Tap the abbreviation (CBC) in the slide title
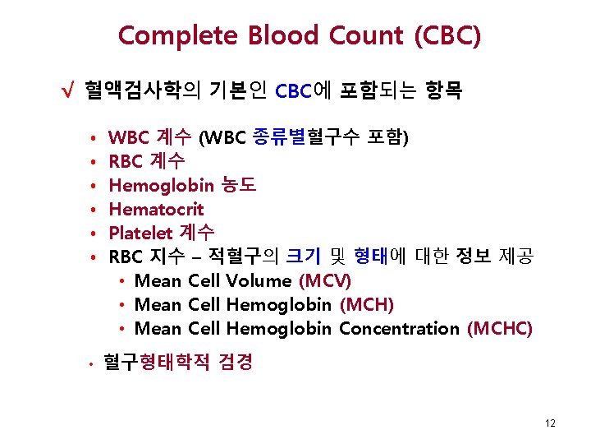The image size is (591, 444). point(447,36)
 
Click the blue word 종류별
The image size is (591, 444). point(277,136)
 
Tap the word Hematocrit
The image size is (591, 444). point(156,209)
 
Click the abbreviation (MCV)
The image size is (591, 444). point(326,281)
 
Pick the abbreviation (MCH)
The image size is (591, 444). point(367,305)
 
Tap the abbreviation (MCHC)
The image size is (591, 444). point(499,329)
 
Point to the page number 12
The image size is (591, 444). point(550,423)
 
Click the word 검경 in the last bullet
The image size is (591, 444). point(236,362)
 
